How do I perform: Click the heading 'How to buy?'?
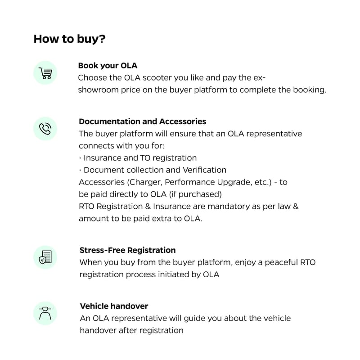point(70,39)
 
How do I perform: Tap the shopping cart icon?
point(45,73)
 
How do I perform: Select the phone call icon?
point(45,129)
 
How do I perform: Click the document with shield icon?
point(45,257)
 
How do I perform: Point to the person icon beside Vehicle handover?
point(45,313)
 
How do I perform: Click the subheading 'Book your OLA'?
point(108,66)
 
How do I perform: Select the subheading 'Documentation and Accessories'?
point(142,121)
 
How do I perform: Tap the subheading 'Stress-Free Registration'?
point(127,250)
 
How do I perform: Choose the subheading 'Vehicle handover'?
point(114,306)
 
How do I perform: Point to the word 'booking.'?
point(310,90)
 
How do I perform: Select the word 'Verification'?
point(204,170)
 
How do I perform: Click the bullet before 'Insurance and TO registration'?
point(80,158)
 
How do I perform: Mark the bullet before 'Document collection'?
point(80,170)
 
